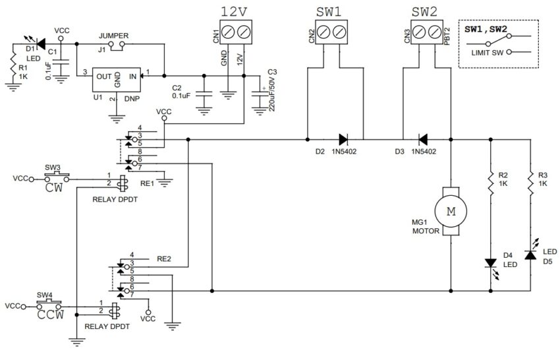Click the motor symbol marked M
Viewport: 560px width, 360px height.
pos(451,211)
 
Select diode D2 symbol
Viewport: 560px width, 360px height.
pos(343,139)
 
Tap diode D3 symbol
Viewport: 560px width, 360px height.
pos(423,139)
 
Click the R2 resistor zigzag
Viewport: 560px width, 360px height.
pos(490,183)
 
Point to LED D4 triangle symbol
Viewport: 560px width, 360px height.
pos(490,263)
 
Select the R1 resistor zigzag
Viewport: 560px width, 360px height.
pos(13,65)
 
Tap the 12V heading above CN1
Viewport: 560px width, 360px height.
pos(234,12)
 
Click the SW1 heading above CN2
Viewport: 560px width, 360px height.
pos(329,12)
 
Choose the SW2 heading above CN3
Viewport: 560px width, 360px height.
pos(424,12)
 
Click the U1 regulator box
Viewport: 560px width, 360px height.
pos(117,79)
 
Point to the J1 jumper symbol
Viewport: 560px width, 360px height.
pos(117,45)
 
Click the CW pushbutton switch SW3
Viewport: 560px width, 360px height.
pos(57,177)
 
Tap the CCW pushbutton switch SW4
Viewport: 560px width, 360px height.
pos(49,305)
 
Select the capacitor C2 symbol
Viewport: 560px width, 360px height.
pos(204,94)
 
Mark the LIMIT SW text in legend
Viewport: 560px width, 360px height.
pos(487,53)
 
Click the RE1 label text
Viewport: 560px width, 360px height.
pos(147,183)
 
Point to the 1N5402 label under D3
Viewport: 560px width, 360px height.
pos(424,152)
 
